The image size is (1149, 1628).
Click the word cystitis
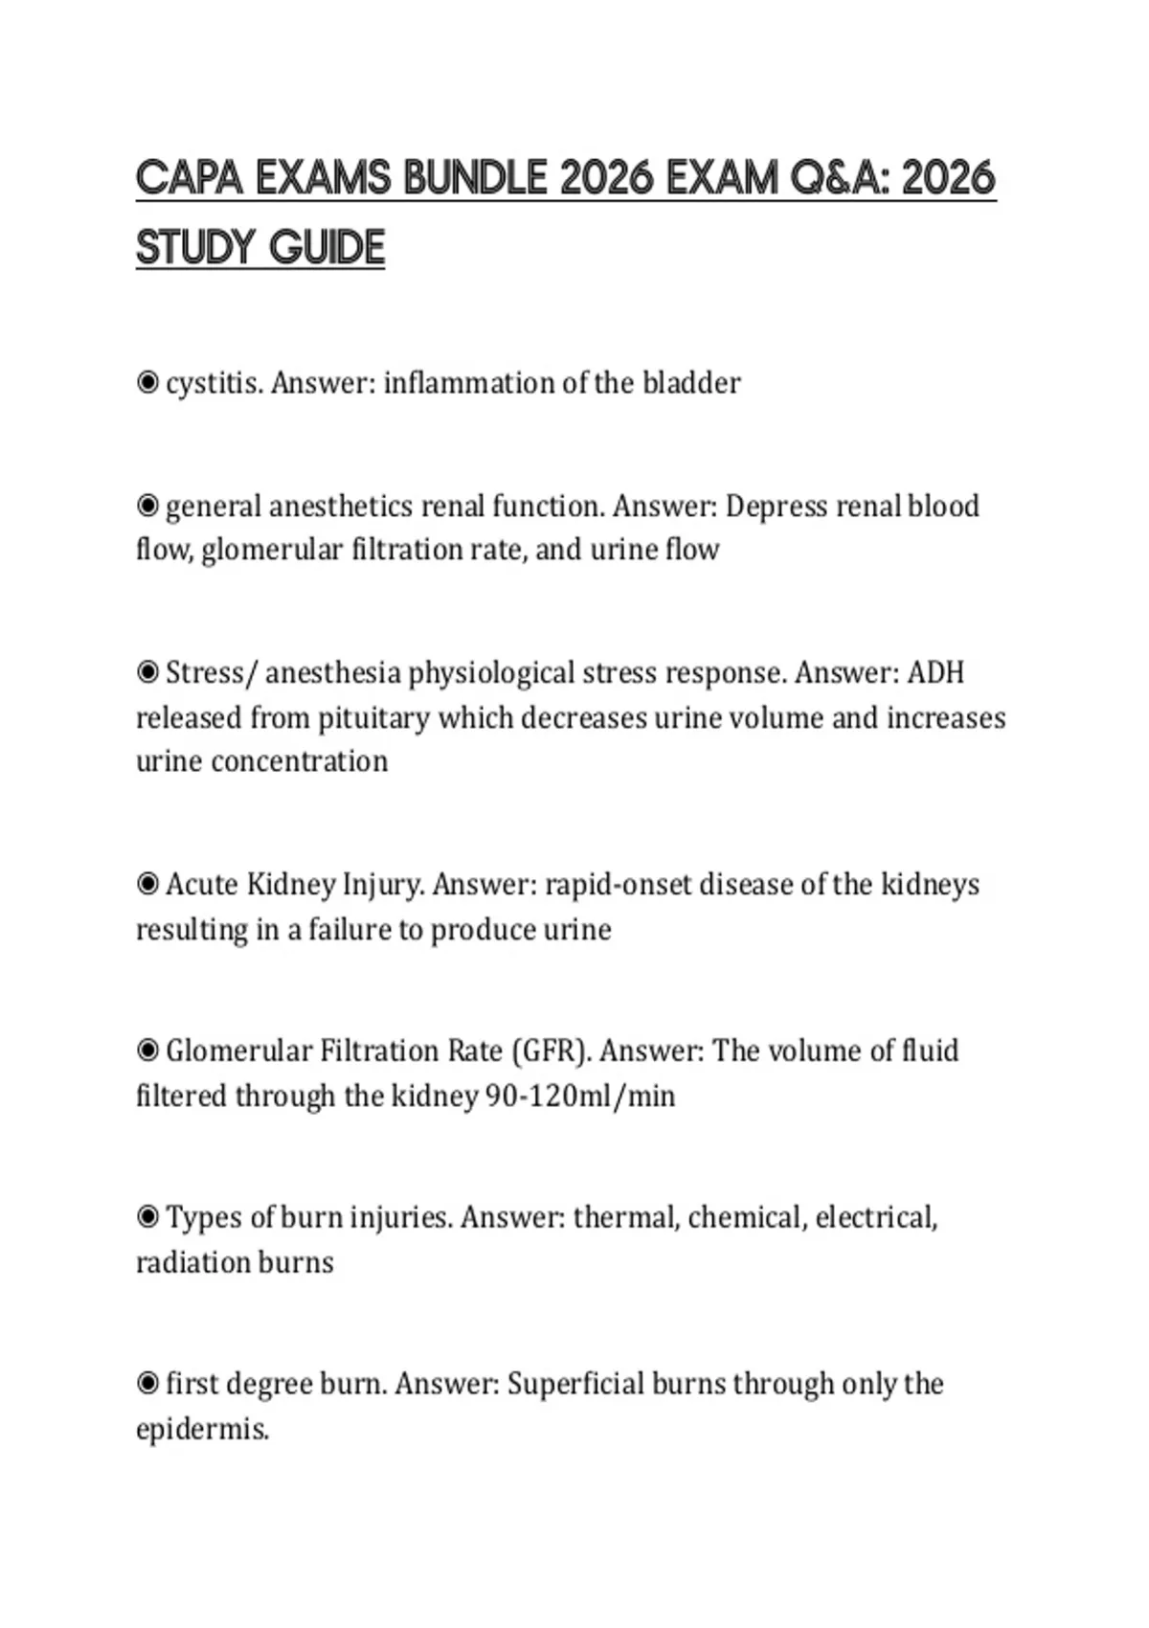click(214, 383)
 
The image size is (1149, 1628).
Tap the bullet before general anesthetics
click(147, 505)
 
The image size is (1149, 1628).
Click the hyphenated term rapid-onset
click(618, 884)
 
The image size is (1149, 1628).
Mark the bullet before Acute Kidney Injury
click(147, 883)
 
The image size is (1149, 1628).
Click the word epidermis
click(202, 1429)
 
